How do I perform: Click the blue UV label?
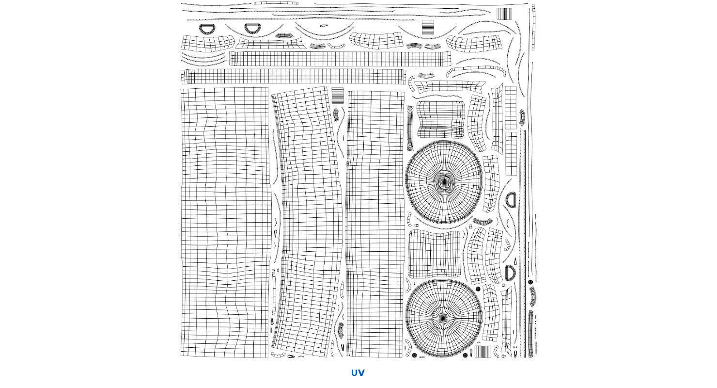tap(358, 373)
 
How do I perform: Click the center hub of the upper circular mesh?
tap(444, 182)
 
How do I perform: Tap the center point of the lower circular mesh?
tap(443, 319)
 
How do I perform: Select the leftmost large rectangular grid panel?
tap(225, 223)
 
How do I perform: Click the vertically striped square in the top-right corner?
tap(504, 14)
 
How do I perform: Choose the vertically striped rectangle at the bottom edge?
tap(483, 352)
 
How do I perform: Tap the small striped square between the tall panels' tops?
tap(337, 95)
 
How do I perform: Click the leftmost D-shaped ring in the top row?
tap(208, 29)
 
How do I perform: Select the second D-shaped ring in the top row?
tap(252, 29)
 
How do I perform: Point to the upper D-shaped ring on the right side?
tap(511, 199)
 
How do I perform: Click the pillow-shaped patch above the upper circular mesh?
tap(441, 119)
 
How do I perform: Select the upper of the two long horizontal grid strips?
tap(340, 59)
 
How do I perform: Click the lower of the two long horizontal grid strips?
tap(293, 77)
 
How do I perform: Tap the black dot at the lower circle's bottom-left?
tap(414, 356)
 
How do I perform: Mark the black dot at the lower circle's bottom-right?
tap(465, 356)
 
